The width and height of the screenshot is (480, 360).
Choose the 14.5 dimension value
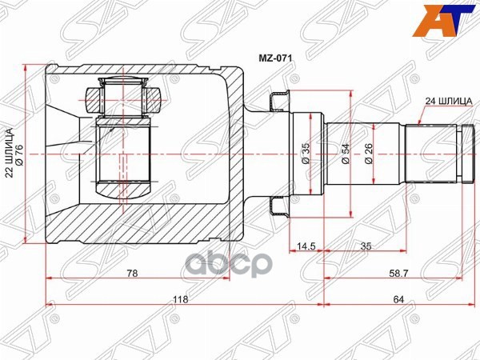[306, 246]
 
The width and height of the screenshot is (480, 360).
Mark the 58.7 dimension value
[398, 273]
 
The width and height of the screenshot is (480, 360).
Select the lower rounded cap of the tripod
[124, 190]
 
